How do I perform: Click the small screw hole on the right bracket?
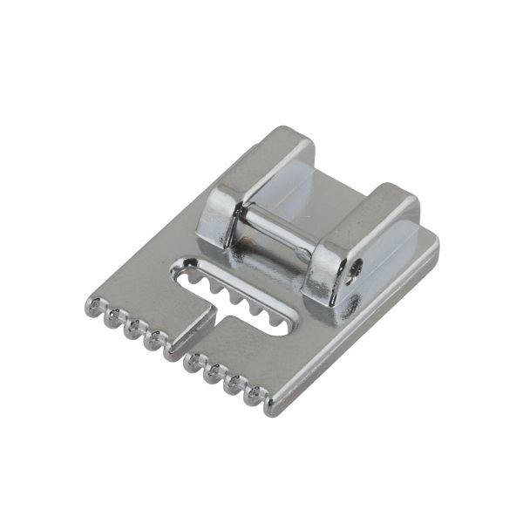point(352,272)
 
